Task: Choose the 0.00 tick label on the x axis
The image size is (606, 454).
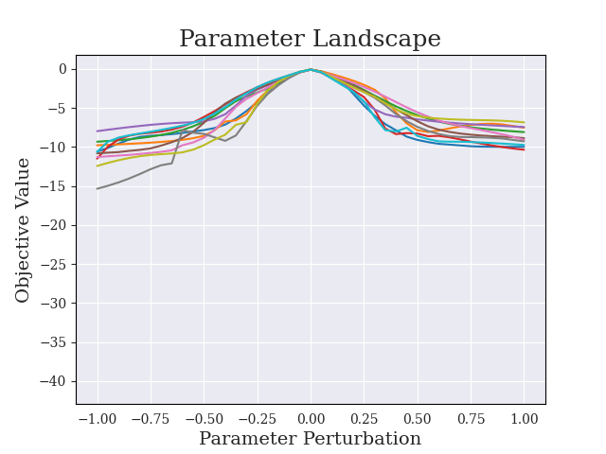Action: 311,418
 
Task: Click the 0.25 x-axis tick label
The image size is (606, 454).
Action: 364,418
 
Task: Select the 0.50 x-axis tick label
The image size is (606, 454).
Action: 418,418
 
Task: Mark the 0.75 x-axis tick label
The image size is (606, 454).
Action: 471,418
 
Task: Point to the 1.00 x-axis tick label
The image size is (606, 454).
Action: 524,418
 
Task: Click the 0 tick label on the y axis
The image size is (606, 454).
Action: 63,69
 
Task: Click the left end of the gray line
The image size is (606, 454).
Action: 98,188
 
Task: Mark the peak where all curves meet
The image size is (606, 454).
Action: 310,69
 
